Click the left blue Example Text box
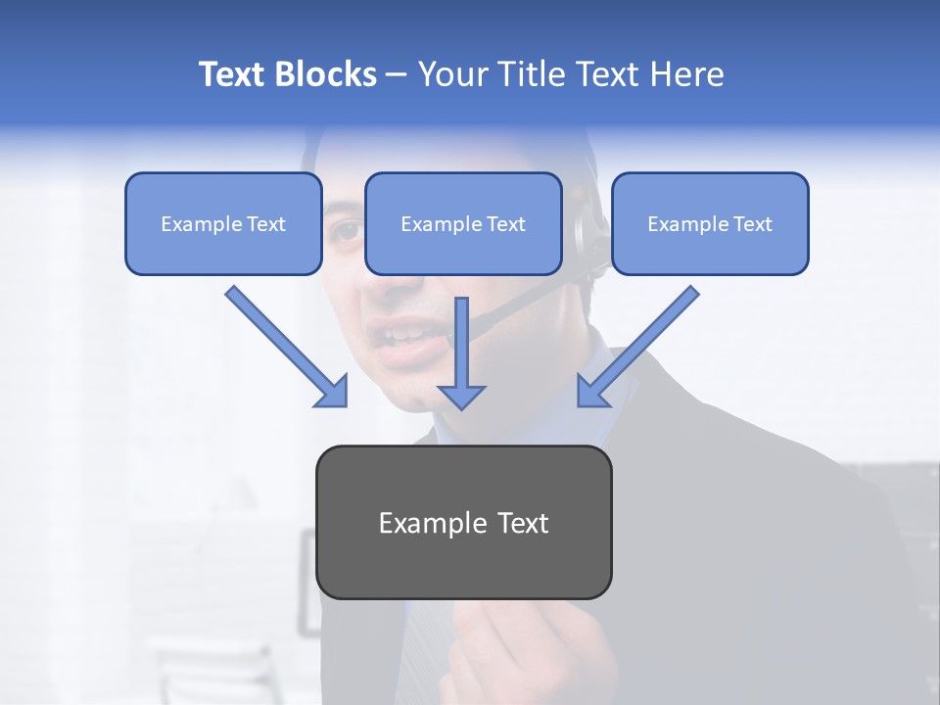click(x=223, y=224)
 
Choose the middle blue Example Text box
click(x=463, y=224)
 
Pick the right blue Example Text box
click(x=710, y=224)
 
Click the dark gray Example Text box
click(x=463, y=522)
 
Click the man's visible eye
click(x=345, y=231)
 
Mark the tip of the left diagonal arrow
click(x=345, y=404)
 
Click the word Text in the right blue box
click(x=752, y=224)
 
